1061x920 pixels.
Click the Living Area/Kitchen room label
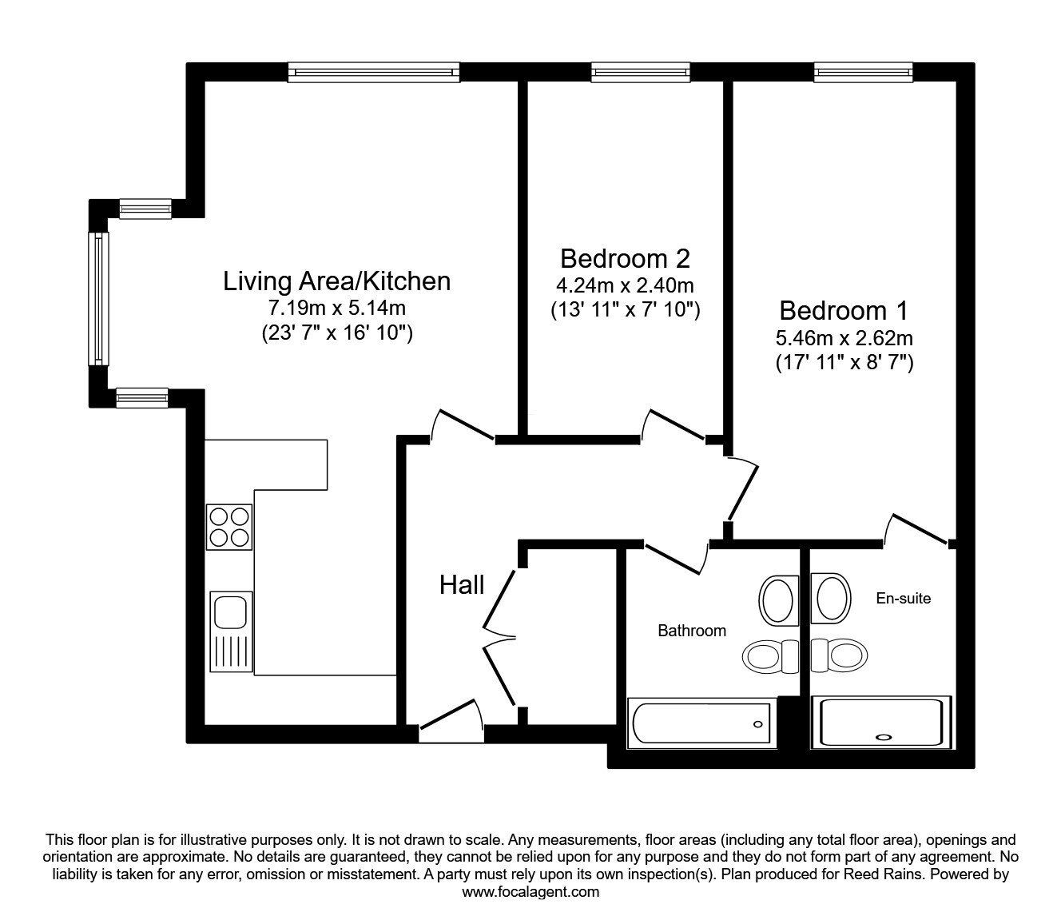[336, 281]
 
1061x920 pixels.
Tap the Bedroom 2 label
[625, 258]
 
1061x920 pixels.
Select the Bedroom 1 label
[844, 310]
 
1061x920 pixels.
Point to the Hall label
[462, 585]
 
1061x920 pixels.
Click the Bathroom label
[692, 631]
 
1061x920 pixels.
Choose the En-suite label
[904, 598]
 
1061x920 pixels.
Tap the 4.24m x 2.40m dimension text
[625, 285]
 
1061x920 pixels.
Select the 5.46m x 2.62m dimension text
[844, 337]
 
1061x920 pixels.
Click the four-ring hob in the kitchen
[230, 527]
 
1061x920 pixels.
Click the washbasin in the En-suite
[831, 599]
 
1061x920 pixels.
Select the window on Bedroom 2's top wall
[641, 73]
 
